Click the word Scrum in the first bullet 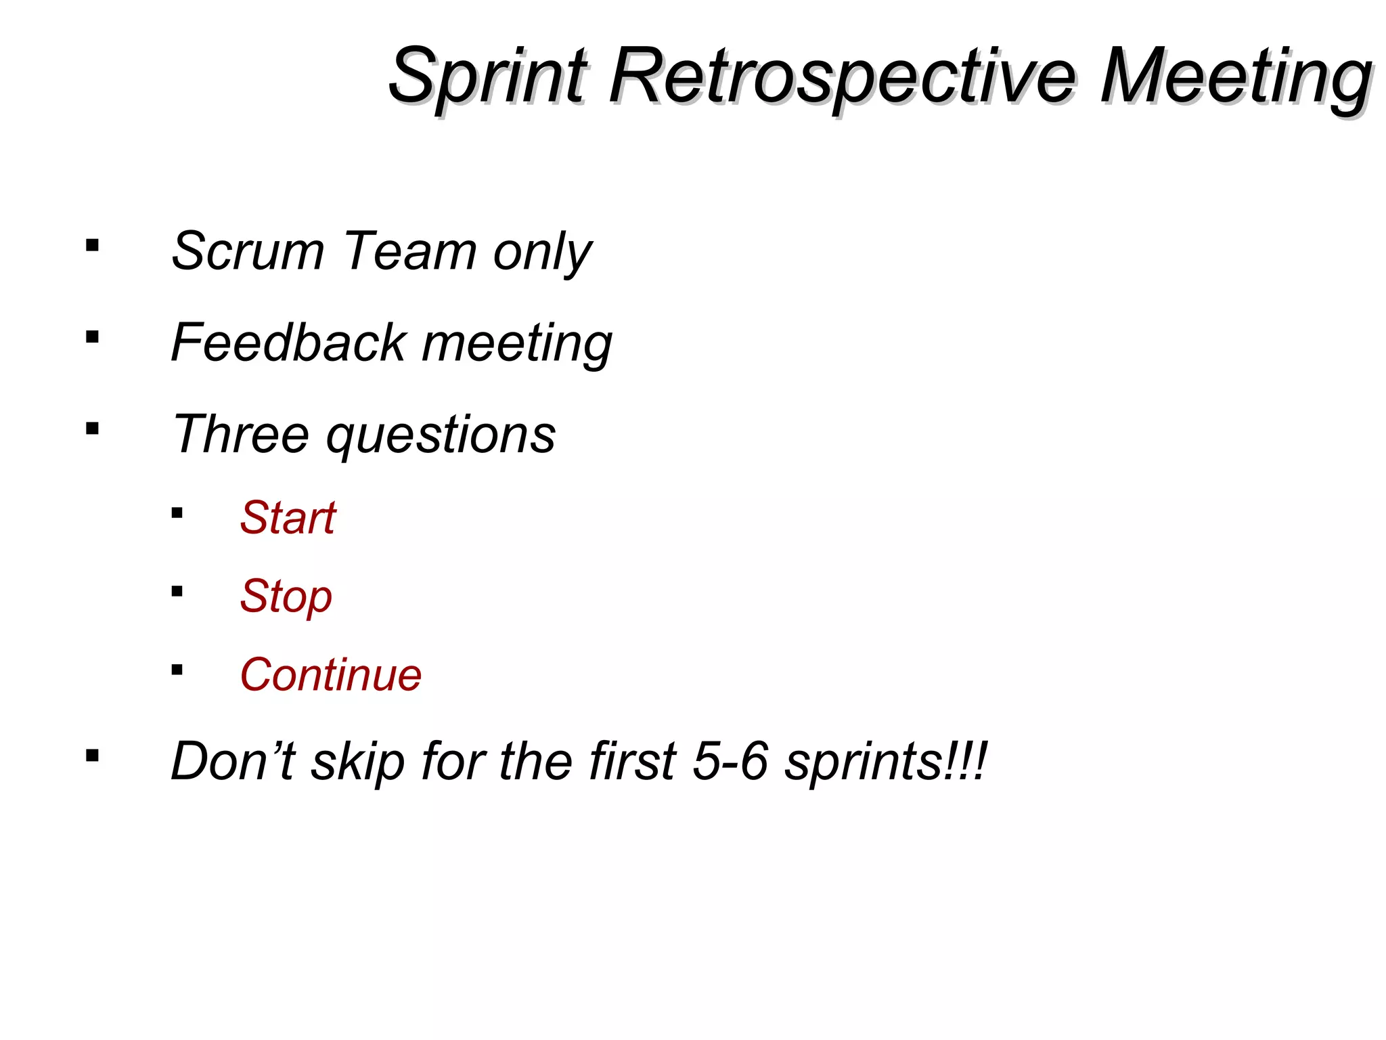[248, 251]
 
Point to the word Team [409, 251]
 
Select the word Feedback [288, 343]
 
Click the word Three [241, 434]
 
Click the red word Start [288, 518]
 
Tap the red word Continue [330, 675]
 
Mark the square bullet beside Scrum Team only [93, 245]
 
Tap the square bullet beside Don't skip [93, 756]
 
